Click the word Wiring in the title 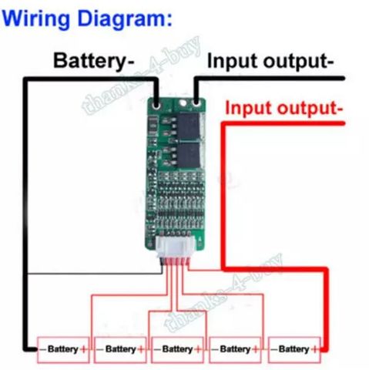tap(35, 18)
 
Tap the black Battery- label tap(94, 61)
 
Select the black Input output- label tap(270, 62)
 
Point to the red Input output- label tap(284, 108)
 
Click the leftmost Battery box tap(63, 350)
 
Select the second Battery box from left tap(120, 350)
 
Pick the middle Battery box tap(178, 350)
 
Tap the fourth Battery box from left tap(235, 350)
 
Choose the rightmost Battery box tap(294, 350)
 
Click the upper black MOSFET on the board tap(189, 126)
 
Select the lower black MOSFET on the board tap(189, 155)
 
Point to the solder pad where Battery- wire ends tap(156, 105)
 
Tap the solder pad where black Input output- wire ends tap(196, 103)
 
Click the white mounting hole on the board tap(183, 103)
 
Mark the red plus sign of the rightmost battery tap(315, 349)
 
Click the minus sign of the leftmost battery tap(43, 349)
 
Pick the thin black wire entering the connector tap(95, 274)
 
